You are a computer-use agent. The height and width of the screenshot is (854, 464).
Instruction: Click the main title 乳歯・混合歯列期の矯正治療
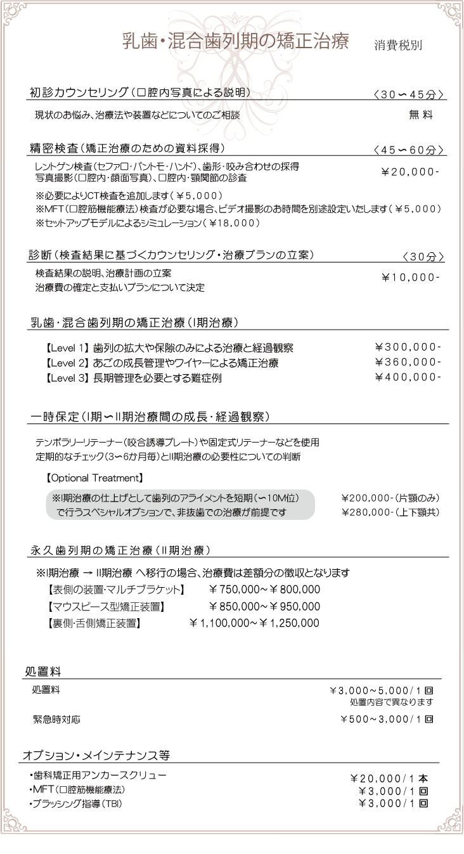235,42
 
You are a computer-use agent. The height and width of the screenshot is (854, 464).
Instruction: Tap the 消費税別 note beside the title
398,46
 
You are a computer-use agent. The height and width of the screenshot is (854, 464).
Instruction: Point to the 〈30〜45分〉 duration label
408,94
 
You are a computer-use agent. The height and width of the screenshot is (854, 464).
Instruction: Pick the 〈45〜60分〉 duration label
408,150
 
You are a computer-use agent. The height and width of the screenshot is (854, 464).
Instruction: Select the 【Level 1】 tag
66,348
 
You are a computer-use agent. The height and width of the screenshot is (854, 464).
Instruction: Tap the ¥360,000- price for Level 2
408,362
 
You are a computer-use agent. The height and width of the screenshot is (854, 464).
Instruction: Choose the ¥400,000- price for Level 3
408,377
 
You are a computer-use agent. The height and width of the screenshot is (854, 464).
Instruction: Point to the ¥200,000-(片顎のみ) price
390,498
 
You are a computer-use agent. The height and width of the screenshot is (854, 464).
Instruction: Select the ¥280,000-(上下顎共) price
390,512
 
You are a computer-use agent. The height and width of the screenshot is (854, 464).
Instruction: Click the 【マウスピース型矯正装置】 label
106,607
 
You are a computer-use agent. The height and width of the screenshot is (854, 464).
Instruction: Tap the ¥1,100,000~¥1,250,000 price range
254,623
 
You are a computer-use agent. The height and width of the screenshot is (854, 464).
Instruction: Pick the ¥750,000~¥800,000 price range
264,590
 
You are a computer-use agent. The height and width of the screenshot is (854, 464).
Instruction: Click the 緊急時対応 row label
56,720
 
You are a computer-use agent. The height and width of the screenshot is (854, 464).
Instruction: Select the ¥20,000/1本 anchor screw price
389,779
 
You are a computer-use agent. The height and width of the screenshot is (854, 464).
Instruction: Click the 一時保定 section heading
150,417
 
